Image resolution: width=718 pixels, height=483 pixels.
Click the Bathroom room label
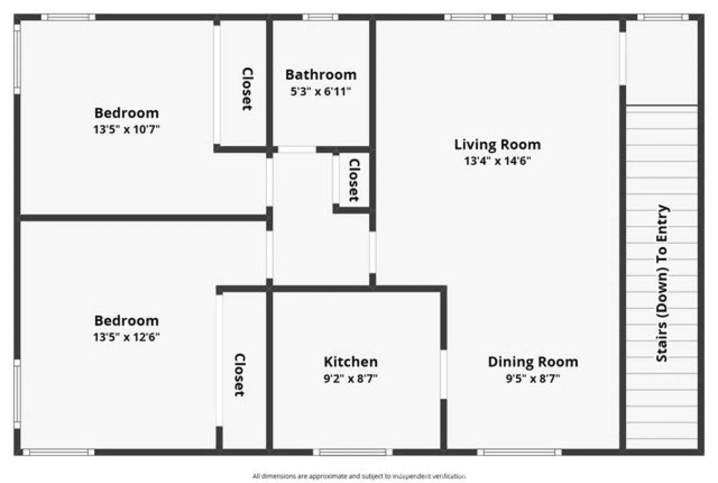(x=321, y=75)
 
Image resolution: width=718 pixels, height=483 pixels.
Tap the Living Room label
(x=497, y=144)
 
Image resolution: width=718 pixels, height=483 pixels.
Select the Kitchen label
(x=350, y=362)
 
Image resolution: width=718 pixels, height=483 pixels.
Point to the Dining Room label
(x=533, y=362)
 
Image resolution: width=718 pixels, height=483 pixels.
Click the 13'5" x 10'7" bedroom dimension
(x=127, y=129)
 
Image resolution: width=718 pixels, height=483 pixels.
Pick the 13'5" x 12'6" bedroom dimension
(x=127, y=337)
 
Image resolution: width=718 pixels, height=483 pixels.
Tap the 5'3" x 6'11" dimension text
(x=321, y=92)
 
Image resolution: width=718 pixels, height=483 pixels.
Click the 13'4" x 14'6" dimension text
(x=497, y=161)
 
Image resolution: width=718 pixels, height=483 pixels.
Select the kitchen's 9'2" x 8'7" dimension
(x=350, y=379)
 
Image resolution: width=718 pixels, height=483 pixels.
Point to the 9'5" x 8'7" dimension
(x=533, y=379)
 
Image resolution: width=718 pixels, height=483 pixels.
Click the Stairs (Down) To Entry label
(x=662, y=283)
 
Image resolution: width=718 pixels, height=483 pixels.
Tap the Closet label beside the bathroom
(x=247, y=89)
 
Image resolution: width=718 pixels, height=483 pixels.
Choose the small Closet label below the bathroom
(x=354, y=180)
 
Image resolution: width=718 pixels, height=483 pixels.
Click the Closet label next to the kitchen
(x=239, y=375)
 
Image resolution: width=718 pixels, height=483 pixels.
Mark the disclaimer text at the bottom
(x=359, y=476)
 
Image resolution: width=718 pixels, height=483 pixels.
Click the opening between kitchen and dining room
(x=443, y=374)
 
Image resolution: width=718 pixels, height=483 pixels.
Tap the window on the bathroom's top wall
(x=320, y=18)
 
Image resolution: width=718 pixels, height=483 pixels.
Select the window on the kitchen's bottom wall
(x=352, y=452)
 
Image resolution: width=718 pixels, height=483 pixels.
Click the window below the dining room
(x=519, y=452)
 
